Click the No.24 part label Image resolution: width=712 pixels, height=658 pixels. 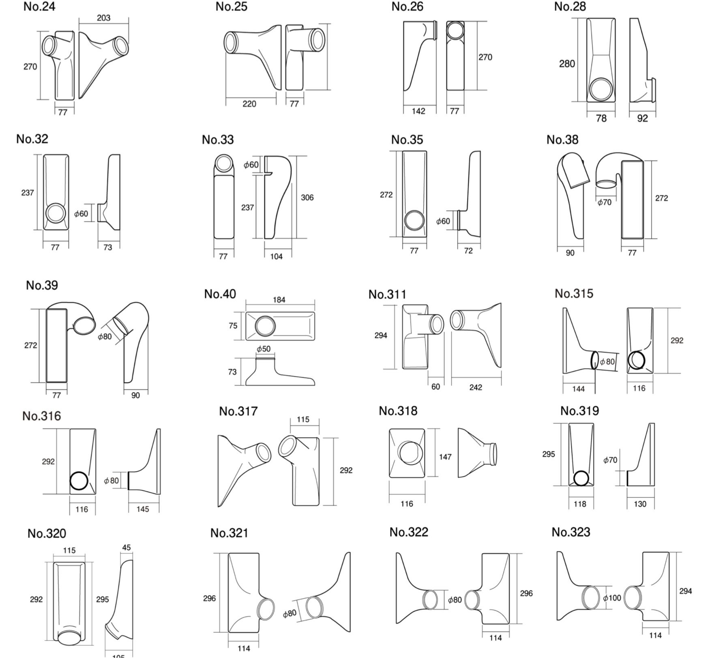[39, 6]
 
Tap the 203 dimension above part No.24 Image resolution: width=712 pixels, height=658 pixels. [103, 18]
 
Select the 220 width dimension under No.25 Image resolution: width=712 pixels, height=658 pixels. [249, 104]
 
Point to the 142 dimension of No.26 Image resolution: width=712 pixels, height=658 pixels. [418, 111]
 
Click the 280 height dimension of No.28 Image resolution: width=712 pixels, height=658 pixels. [567, 64]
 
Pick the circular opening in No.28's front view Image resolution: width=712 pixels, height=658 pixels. [601, 89]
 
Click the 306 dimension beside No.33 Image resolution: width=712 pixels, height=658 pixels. [307, 197]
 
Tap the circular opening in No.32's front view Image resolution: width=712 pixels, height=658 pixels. [56, 213]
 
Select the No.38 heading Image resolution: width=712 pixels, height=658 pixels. [562, 139]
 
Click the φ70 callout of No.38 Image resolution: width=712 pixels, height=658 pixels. [604, 202]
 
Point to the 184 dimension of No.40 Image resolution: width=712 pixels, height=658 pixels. [279, 299]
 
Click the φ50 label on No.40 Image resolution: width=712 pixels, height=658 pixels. [264, 348]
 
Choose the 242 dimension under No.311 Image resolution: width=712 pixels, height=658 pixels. [476, 387]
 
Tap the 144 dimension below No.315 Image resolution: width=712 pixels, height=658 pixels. [578, 389]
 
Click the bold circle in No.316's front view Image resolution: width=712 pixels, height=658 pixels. [79, 481]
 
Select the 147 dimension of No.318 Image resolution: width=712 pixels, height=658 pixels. [445, 457]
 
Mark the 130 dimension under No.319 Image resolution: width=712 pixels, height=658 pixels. [640, 504]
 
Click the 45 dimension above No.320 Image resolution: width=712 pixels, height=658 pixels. [127, 547]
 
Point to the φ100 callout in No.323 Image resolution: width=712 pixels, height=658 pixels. [612, 598]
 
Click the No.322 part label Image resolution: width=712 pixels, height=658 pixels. [409, 532]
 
